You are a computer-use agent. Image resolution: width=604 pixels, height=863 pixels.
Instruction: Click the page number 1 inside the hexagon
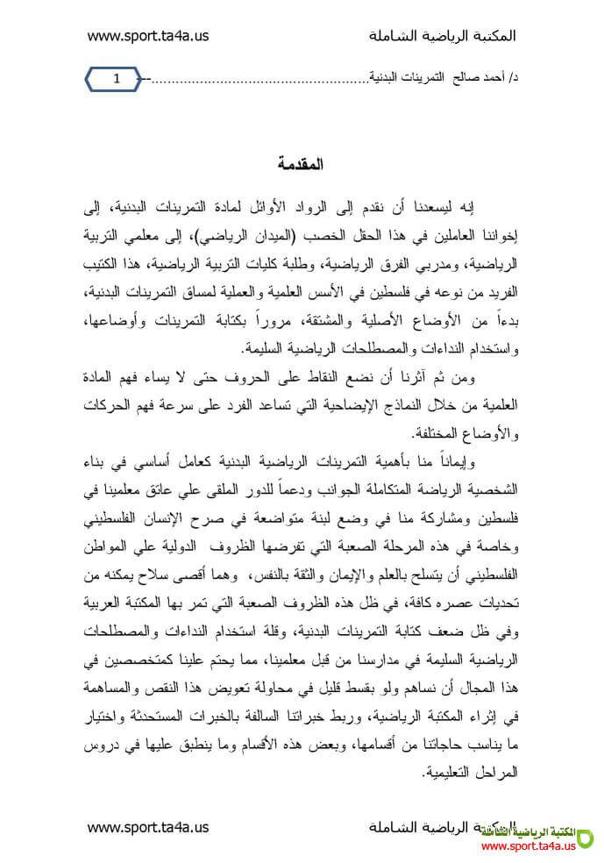[116, 80]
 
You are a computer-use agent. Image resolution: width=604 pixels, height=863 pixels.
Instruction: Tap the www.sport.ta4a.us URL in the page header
[148, 36]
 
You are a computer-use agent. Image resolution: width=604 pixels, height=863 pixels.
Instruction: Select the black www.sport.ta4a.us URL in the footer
[148, 826]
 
